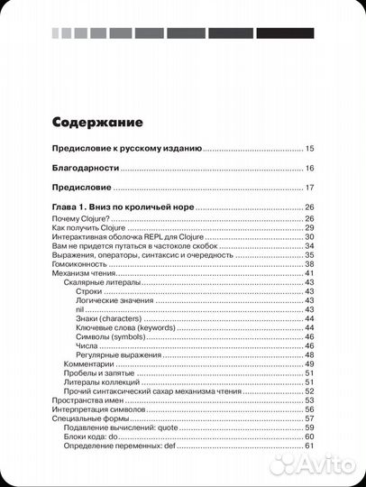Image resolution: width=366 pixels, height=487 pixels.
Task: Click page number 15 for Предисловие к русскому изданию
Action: pos(309,148)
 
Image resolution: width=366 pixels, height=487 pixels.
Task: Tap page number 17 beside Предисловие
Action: pos(309,188)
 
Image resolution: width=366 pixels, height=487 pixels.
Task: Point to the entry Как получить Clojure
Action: pos(90,228)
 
